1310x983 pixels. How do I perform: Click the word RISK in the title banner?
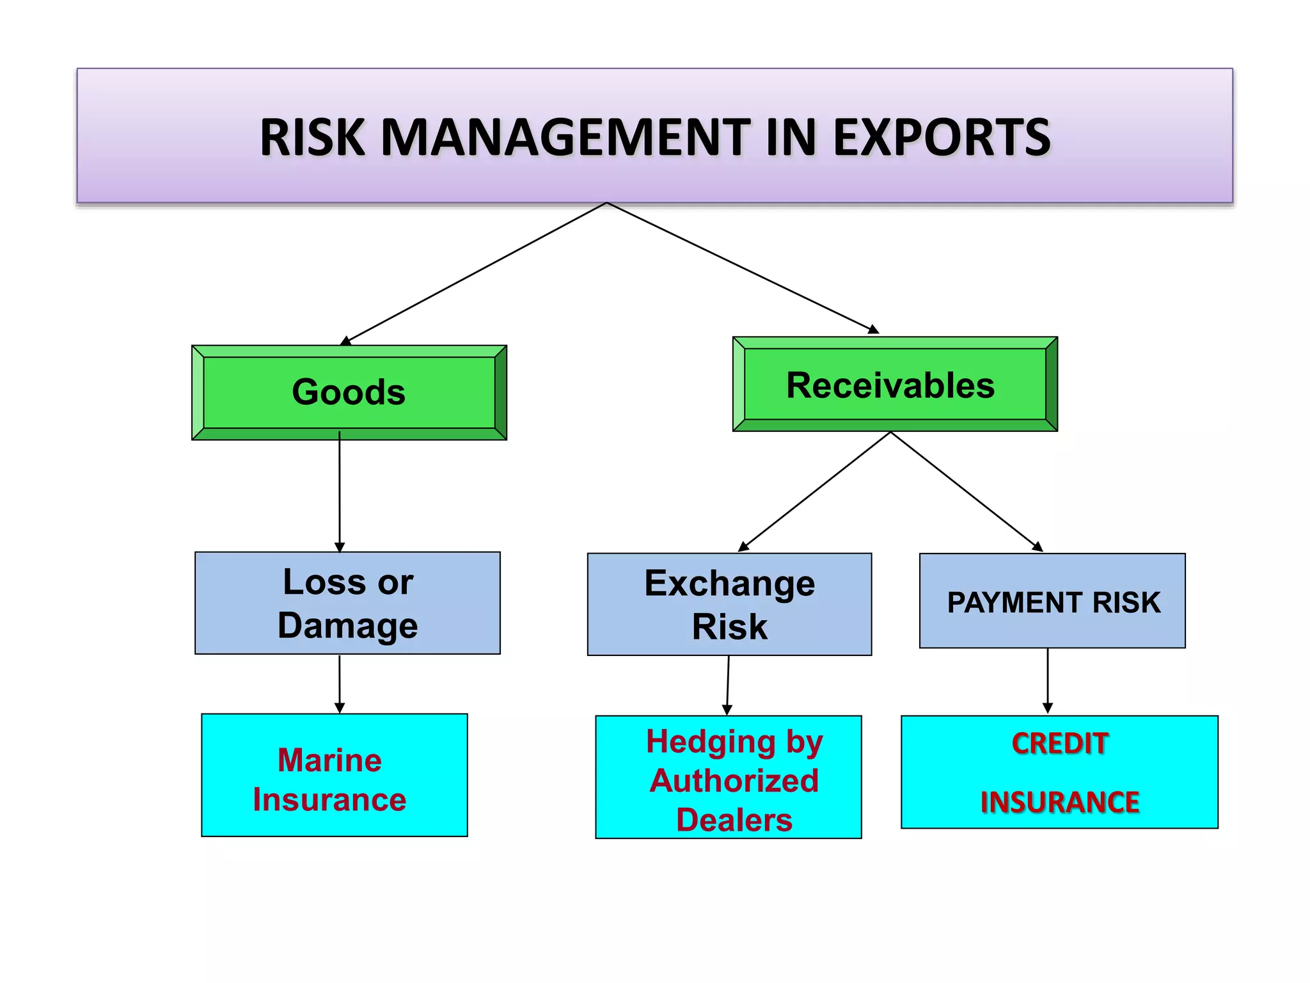(312, 138)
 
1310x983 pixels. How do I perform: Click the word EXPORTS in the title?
(942, 138)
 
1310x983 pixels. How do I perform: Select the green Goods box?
(349, 392)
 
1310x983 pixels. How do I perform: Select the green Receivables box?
(894, 385)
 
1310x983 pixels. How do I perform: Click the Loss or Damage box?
(347, 603)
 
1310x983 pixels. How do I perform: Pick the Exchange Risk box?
(729, 604)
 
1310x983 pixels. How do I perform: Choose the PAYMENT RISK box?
(1052, 602)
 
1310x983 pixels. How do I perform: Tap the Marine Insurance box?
(334, 775)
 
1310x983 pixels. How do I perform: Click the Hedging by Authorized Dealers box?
(728, 777)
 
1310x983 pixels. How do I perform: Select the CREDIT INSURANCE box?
(1059, 772)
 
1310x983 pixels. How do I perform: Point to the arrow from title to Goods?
(477, 273)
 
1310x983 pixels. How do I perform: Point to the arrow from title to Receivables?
(742, 267)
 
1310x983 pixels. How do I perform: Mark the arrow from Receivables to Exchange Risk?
(815, 491)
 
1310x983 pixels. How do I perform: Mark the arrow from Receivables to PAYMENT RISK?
(966, 491)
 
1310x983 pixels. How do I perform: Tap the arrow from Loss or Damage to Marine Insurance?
(340, 683)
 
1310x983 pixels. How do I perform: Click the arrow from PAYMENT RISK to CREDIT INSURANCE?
(1048, 681)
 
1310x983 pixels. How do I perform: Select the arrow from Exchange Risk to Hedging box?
(728, 685)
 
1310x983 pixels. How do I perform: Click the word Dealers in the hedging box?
(734, 820)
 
